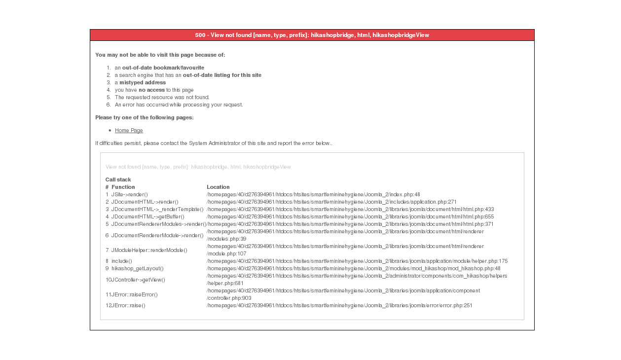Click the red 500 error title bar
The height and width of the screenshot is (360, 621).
click(312, 35)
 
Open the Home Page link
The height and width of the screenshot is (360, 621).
click(129, 131)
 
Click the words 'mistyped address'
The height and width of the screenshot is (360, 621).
click(143, 83)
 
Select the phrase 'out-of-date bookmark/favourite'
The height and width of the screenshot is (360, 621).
click(163, 68)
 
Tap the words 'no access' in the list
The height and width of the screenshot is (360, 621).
click(151, 90)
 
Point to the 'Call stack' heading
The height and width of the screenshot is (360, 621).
click(118, 180)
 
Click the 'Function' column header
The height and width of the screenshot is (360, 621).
click(123, 187)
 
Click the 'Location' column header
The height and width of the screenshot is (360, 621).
click(218, 187)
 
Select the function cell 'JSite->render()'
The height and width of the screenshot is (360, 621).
click(129, 195)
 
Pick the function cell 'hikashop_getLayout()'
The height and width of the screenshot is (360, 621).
click(137, 269)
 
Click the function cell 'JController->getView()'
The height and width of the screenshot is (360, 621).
click(138, 280)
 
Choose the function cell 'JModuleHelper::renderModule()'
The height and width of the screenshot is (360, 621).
click(149, 251)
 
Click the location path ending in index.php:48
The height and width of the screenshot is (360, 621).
click(313, 195)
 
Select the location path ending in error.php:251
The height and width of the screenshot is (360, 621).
click(339, 306)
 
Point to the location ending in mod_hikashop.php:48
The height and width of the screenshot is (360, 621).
click(353, 269)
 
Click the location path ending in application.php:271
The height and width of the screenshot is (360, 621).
click(331, 202)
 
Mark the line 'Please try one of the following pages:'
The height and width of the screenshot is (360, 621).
click(145, 118)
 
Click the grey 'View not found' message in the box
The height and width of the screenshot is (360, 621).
click(198, 167)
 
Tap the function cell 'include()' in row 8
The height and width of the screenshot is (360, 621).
click(121, 261)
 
